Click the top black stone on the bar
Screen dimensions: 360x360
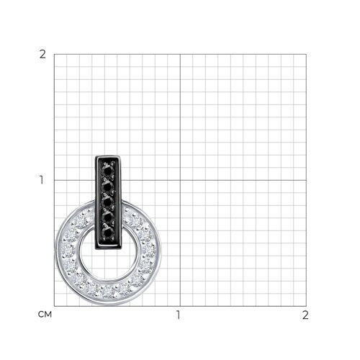click(x=108, y=171)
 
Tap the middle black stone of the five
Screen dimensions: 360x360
click(x=108, y=202)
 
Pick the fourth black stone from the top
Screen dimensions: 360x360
click(x=108, y=217)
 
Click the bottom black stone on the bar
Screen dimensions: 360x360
click(x=108, y=233)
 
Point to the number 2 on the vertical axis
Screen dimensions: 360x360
click(x=42, y=55)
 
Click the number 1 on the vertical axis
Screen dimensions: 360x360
click(x=42, y=180)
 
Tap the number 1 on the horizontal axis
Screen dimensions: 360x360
click(x=178, y=315)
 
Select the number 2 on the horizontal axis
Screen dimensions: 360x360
click(x=305, y=315)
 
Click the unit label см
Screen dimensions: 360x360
click(x=45, y=315)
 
